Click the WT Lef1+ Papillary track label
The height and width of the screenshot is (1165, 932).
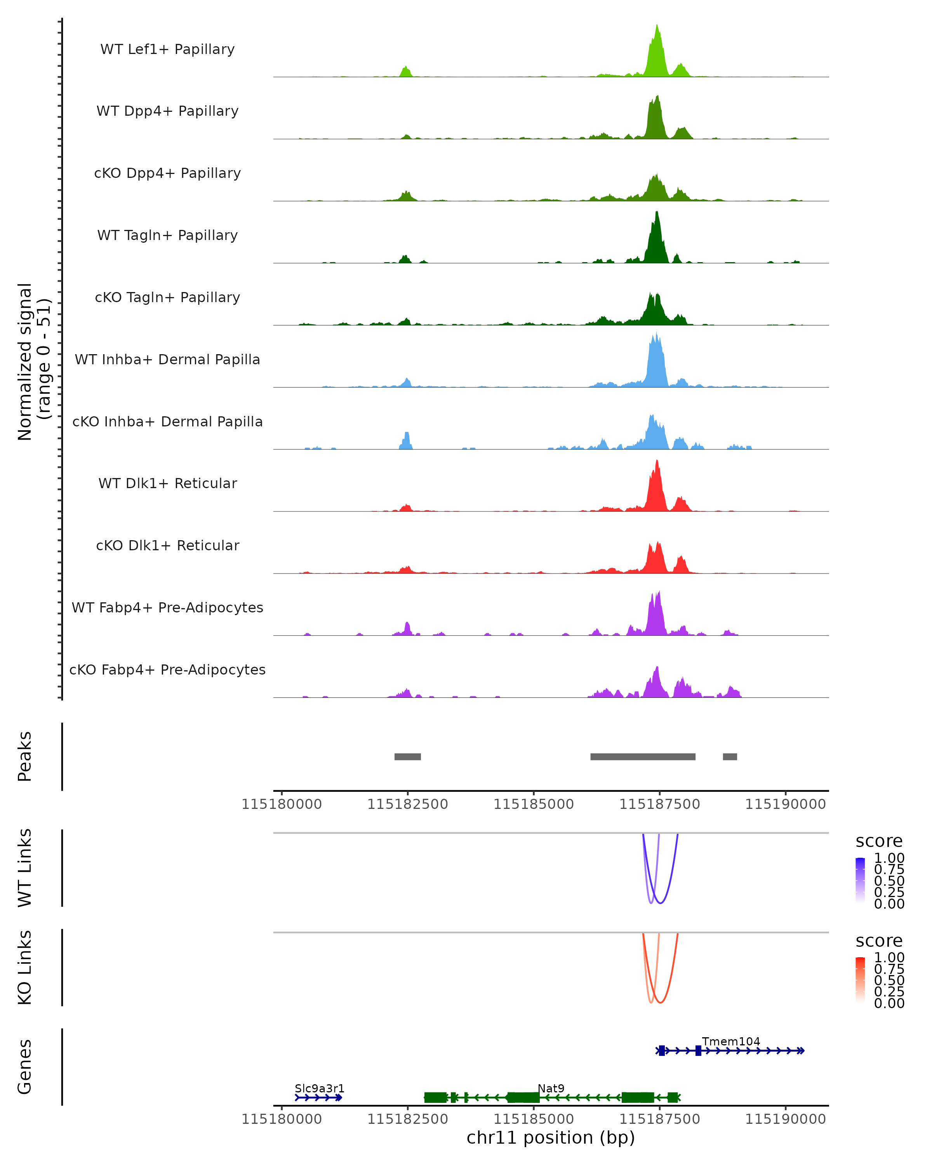click(167, 49)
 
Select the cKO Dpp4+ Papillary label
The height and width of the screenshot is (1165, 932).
click(167, 173)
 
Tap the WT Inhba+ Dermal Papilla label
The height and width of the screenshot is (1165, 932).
click(167, 359)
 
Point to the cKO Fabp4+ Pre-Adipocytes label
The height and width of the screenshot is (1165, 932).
click(167, 669)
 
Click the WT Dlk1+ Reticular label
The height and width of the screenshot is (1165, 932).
click(167, 483)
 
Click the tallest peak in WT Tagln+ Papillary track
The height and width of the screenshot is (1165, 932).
click(657, 212)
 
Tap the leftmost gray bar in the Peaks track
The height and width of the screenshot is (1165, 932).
click(407, 756)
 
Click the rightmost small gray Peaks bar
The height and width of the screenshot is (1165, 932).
click(730, 756)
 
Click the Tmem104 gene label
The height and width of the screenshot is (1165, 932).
click(730, 1041)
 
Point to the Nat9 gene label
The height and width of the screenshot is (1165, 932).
click(551, 1088)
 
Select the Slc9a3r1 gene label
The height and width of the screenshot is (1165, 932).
click(319, 1088)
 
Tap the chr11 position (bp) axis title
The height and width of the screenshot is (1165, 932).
click(551, 1138)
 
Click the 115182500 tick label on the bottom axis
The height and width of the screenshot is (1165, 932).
click(407, 1119)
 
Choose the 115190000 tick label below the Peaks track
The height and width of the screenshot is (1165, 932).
click(785, 804)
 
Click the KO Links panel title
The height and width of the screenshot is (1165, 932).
click(25, 968)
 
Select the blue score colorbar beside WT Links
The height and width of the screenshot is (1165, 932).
click(860, 880)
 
